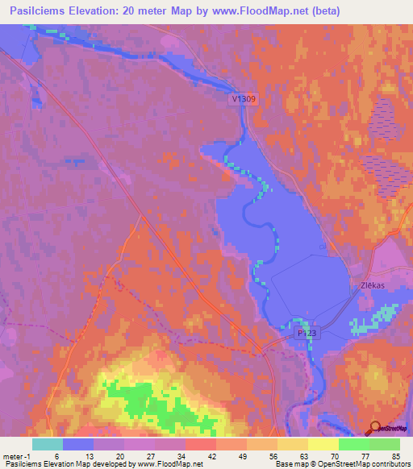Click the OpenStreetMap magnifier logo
374,429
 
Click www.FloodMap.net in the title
257,11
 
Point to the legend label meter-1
14,456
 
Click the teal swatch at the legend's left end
48,444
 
